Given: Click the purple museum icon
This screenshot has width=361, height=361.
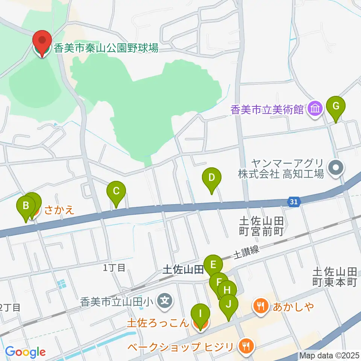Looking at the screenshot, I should coord(315,109).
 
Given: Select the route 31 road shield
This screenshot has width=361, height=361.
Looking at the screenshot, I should coord(294,202).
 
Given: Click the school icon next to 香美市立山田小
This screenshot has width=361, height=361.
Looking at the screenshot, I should coord(165,301).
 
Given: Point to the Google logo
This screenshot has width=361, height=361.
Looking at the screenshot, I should coord(25,352).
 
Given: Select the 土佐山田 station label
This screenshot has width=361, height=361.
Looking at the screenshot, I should coord(183,269).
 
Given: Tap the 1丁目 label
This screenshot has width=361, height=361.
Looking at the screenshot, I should coord(114,267).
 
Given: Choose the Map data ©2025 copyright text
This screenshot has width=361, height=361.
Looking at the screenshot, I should coord(329,355).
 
